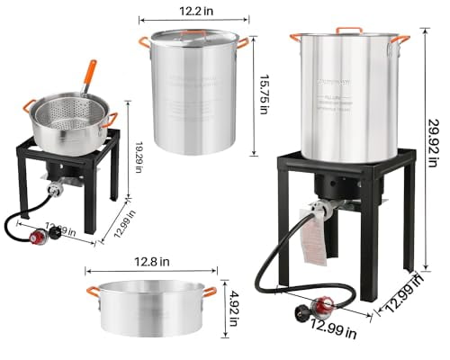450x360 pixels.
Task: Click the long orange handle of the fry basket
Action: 87,76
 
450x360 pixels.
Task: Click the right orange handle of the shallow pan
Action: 210,291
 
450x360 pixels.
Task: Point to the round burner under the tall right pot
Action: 341,187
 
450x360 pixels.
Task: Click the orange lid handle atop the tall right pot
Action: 349,30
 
